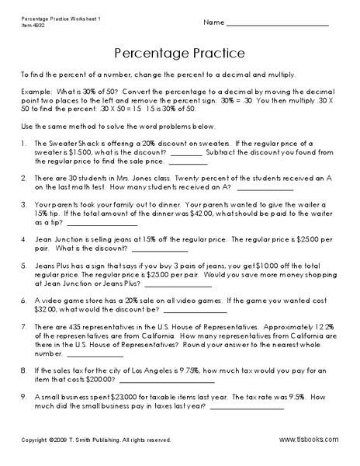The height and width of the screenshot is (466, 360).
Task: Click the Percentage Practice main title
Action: pyautogui.click(x=180, y=54)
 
